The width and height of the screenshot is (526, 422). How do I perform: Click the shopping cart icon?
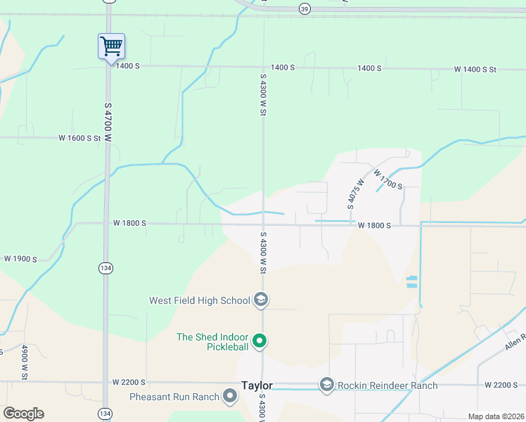(x=111, y=47)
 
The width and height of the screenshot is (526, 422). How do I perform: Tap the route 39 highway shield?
(x=304, y=8)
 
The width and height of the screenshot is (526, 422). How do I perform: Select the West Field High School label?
(x=200, y=300)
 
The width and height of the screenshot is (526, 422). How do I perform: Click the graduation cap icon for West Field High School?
(x=260, y=300)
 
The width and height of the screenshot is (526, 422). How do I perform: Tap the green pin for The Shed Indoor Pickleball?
(x=259, y=342)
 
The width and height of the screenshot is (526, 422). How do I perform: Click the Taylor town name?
(x=256, y=385)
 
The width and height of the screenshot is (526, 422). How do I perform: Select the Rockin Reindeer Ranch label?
(x=387, y=385)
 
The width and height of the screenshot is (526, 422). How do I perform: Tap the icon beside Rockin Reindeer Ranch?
(x=326, y=385)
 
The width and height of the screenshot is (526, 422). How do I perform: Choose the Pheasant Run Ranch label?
(x=174, y=397)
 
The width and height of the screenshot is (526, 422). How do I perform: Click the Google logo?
(x=23, y=414)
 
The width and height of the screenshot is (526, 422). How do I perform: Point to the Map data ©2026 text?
(x=496, y=416)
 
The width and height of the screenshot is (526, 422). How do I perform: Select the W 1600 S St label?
(x=80, y=139)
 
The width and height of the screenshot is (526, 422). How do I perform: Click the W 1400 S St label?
(x=475, y=70)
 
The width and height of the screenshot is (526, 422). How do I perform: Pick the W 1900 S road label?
(x=20, y=259)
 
